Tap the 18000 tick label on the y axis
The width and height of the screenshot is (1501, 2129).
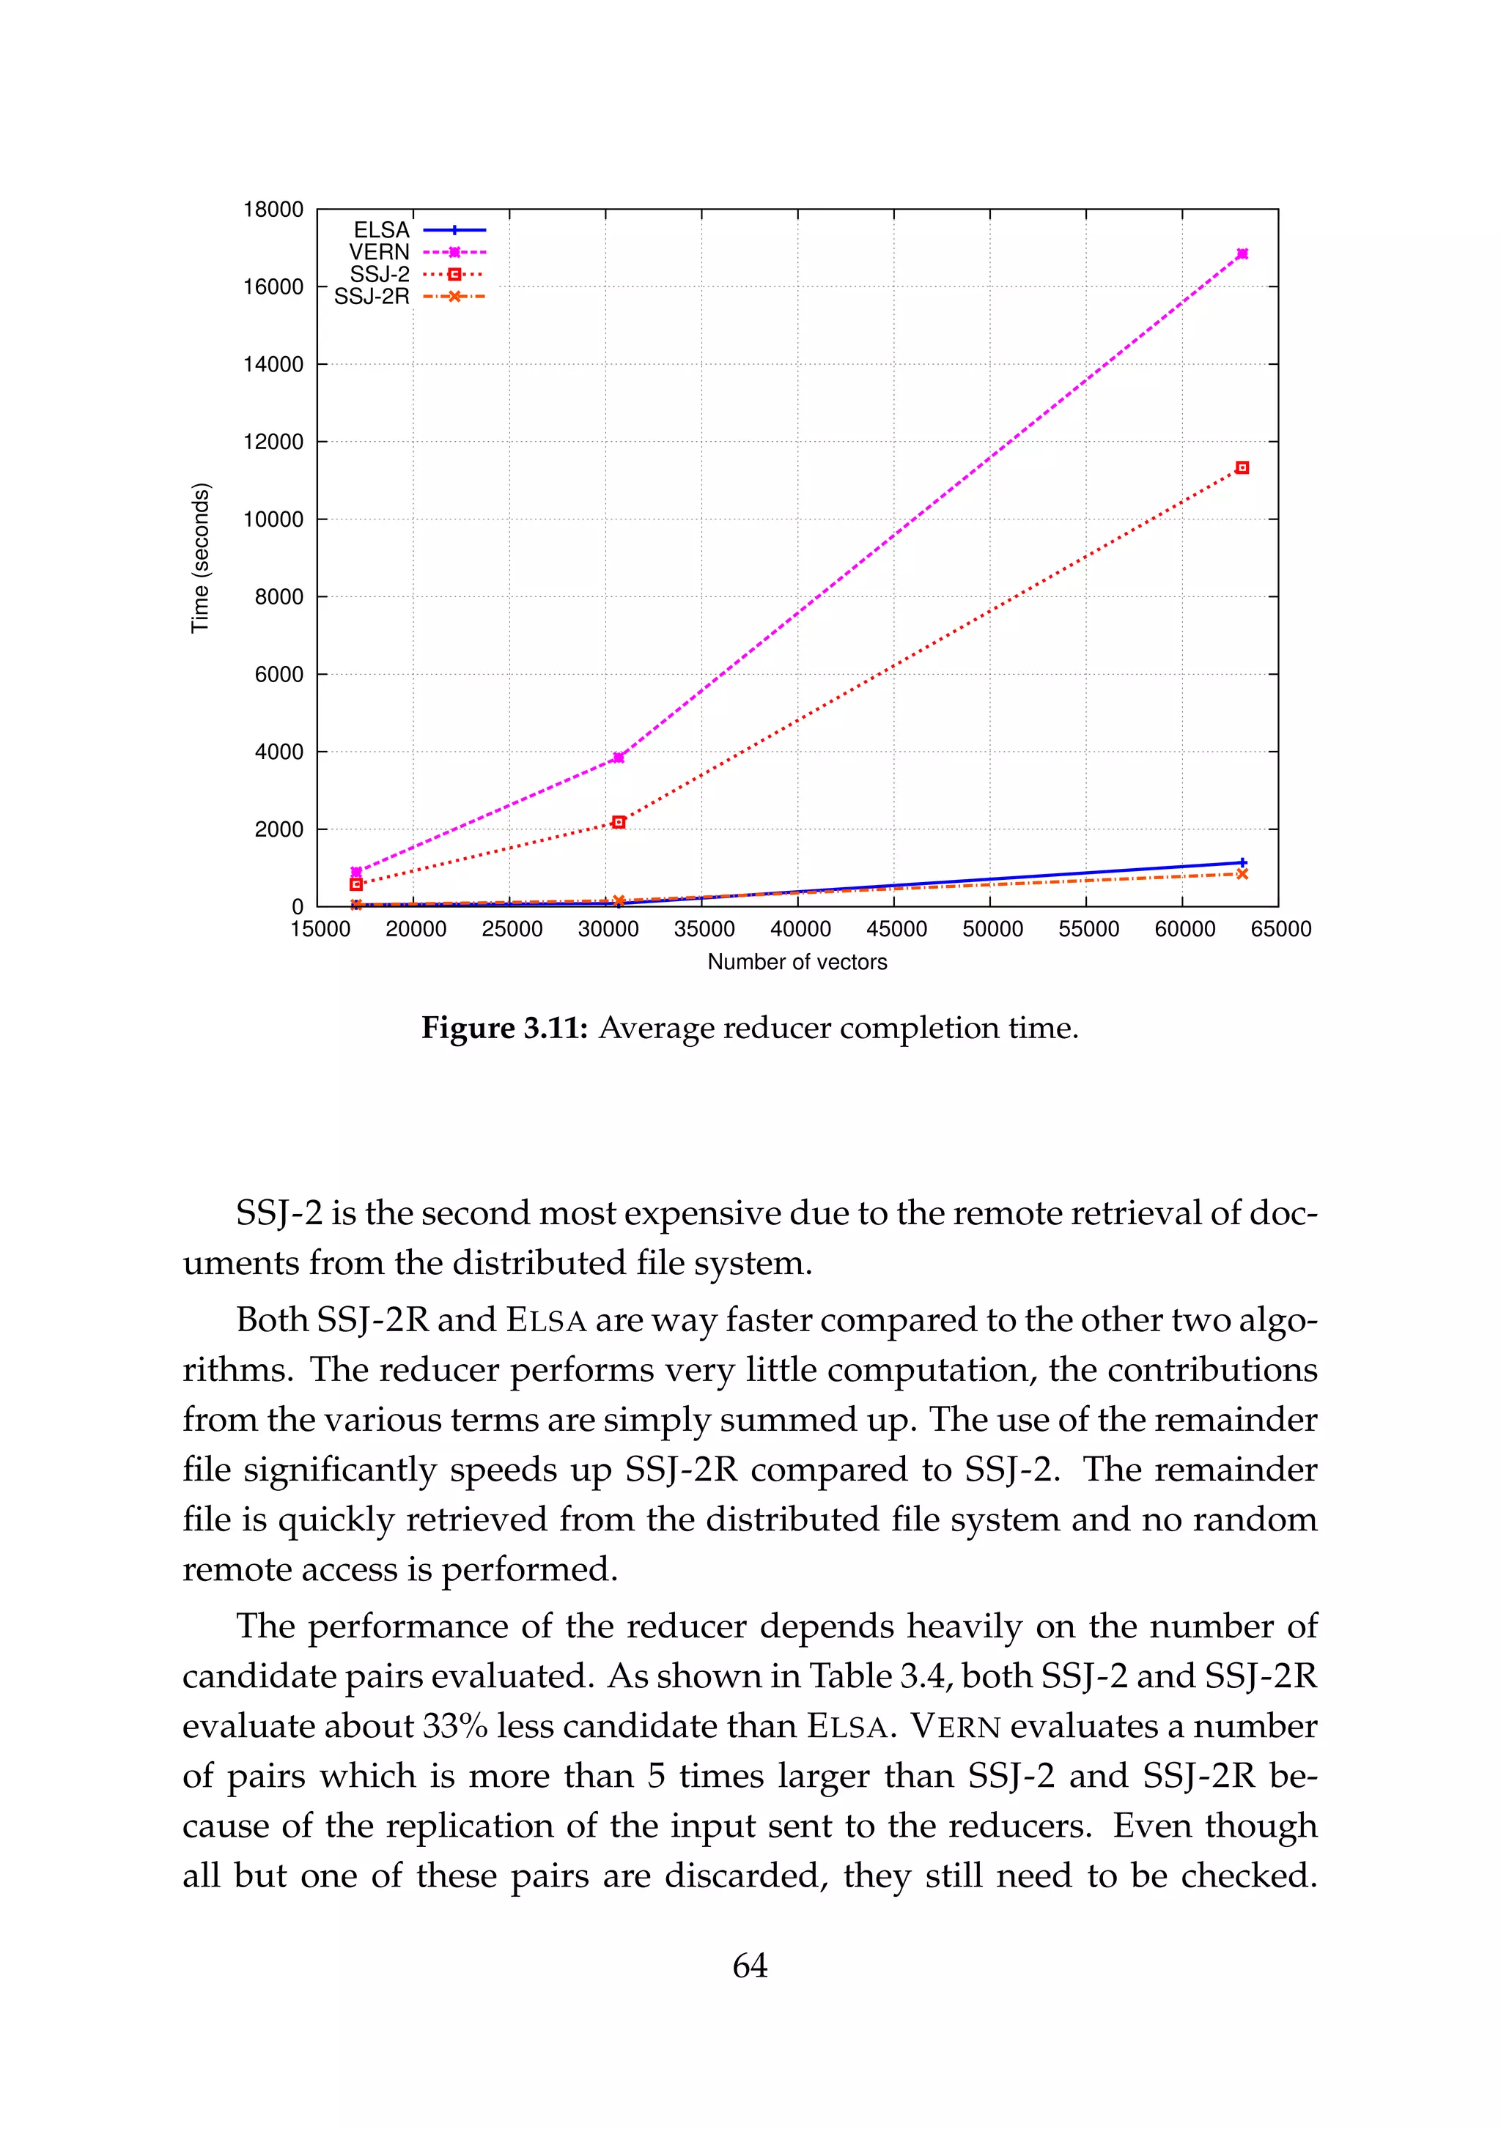(x=273, y=210)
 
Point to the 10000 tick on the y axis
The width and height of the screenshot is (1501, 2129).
(x=273, y=519)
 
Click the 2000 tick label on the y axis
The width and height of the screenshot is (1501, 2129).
(x=279, y=829)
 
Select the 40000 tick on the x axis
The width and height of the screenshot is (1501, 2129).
(x=800, y=929)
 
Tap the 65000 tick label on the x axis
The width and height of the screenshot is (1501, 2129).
(x=1280, y=929)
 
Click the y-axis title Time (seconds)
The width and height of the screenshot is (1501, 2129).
(x=200, y=558)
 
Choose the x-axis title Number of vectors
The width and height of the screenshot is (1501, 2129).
(x=797, y=963)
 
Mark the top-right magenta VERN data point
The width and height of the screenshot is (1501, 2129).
(x=1242, y=254)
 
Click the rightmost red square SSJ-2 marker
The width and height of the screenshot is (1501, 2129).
(x=1242, y=468)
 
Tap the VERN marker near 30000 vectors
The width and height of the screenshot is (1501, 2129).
(x=619, y=758)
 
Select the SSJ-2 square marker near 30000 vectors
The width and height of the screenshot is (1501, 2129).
(x=619, y=823)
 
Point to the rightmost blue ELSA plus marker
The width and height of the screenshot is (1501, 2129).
(x=1242, y=862)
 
